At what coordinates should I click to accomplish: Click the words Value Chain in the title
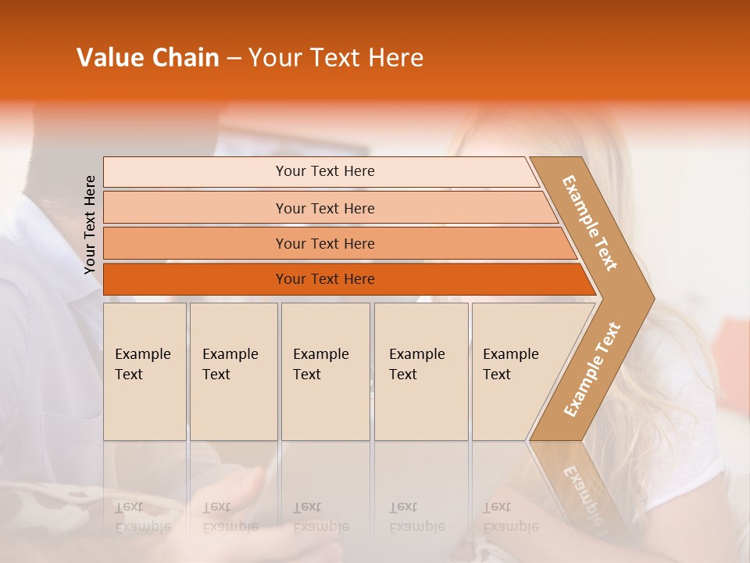148,58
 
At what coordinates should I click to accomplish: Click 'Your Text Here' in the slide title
336,58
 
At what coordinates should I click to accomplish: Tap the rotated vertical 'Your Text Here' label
90,225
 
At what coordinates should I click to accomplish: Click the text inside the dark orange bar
325,279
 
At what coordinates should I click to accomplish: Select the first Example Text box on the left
145,371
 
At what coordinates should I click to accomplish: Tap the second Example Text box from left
233,371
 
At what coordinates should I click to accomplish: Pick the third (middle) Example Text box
325,371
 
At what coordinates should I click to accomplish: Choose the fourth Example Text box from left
420,371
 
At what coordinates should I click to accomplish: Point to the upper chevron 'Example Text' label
590,223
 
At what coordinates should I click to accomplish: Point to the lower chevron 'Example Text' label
592,369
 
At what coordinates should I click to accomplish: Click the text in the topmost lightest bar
325,171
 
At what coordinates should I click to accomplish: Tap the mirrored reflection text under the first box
142,517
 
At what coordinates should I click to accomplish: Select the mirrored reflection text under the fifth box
510,517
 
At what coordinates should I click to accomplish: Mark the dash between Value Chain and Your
234,59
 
